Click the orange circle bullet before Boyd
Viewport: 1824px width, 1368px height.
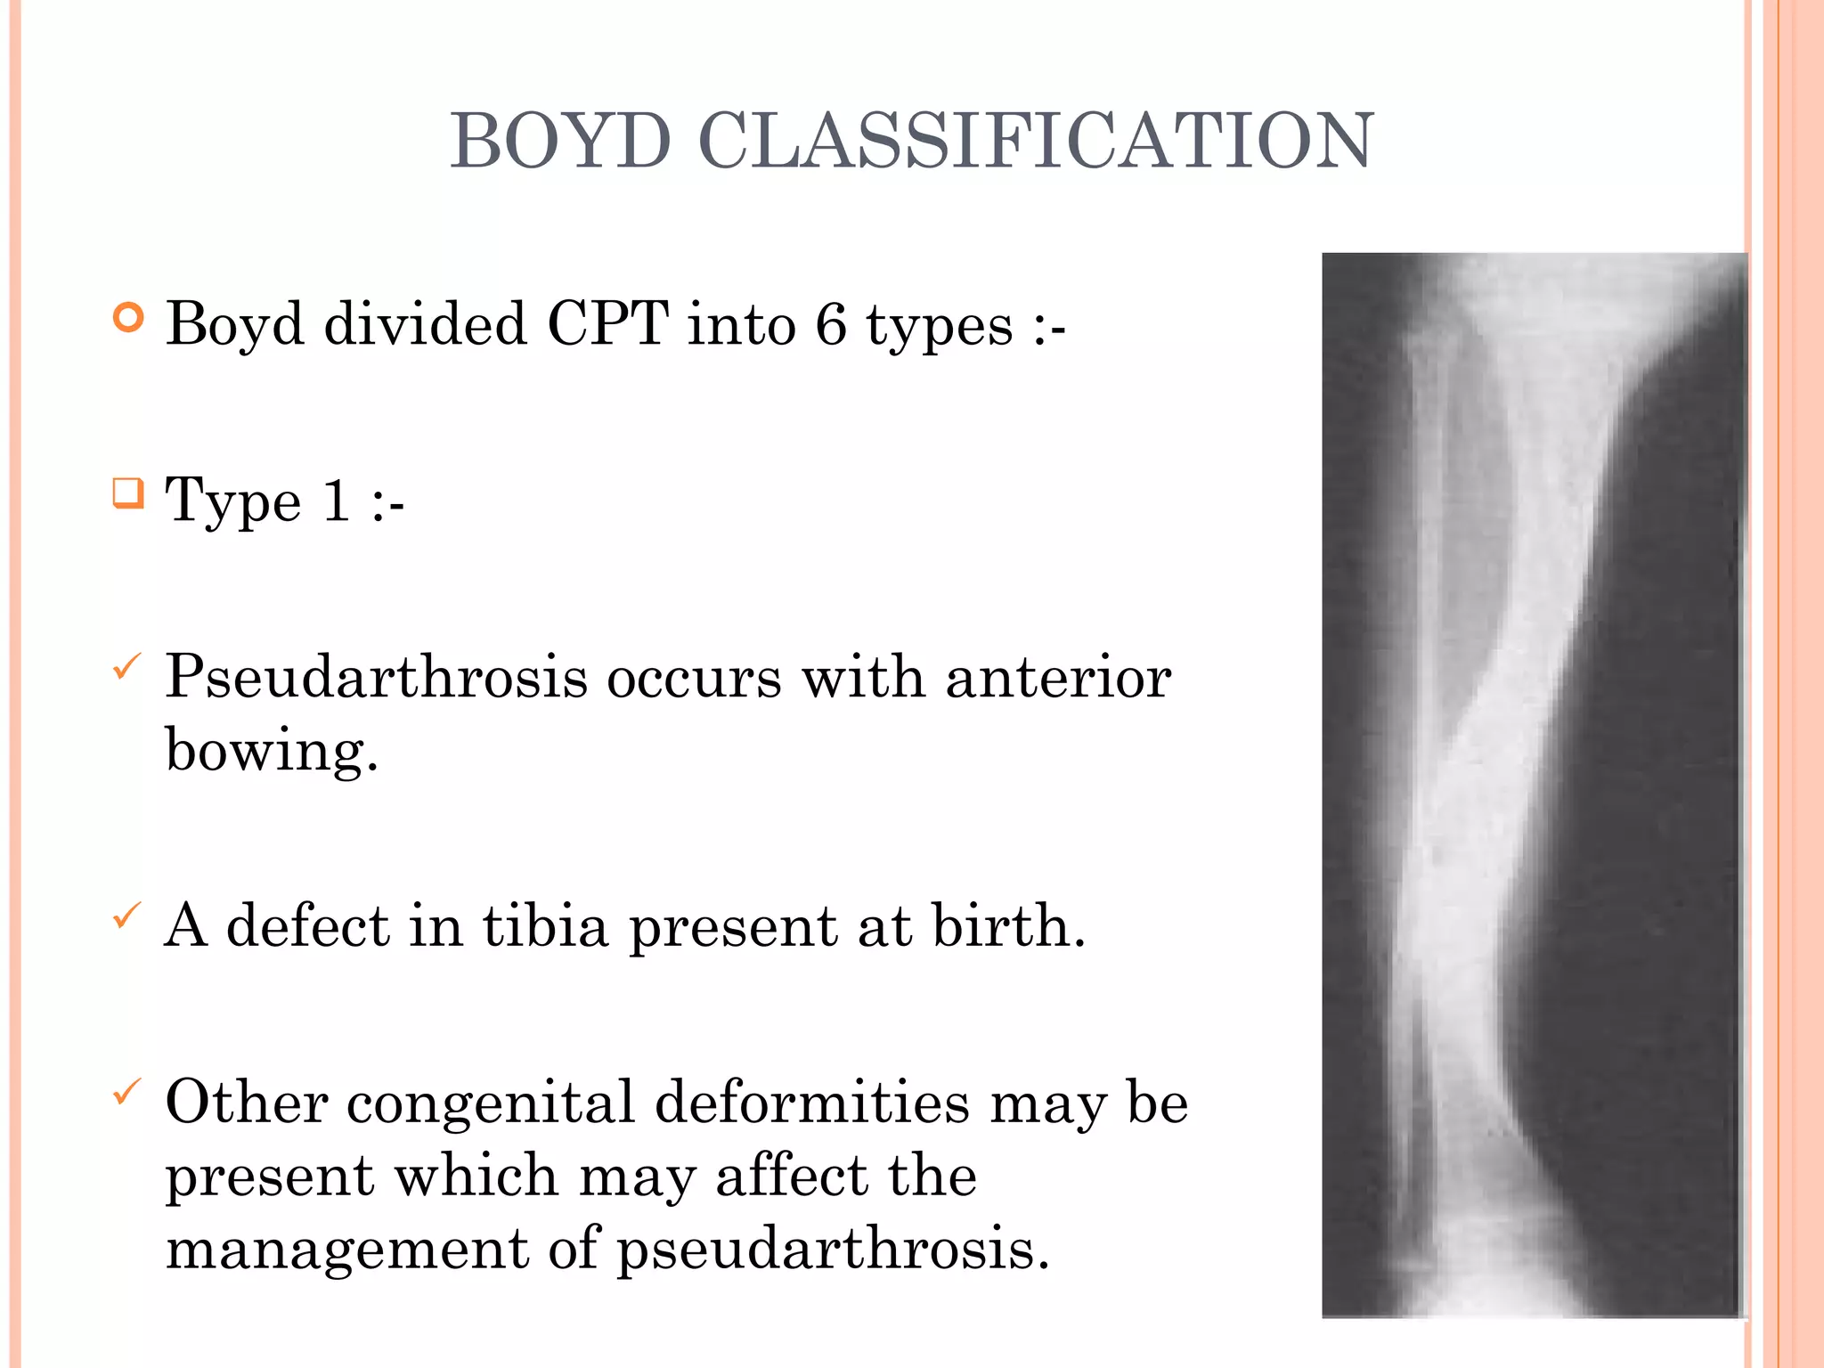point(129,318)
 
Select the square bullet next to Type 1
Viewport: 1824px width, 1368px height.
point(128,493)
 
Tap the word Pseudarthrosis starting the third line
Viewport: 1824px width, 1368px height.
point(376,677)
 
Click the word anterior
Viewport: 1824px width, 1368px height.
point(1058,677)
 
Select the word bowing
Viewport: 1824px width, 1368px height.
point(271,750)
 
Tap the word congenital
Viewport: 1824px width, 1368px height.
point(491,1103)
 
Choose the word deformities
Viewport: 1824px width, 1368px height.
point(812,1103)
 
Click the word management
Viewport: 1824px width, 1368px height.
point(347,1249)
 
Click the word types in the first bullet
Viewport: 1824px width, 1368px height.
point(940,325)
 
